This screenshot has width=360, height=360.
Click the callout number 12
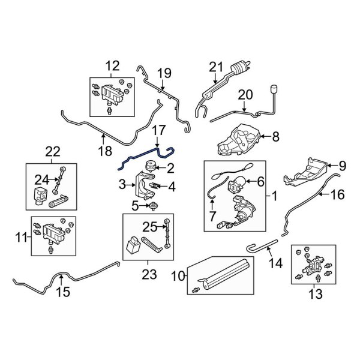tap(113, 65)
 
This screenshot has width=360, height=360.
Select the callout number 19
tap(164, 74)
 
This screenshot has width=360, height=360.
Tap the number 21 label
tap(215, 67)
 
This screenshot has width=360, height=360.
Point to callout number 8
tap(275, 137)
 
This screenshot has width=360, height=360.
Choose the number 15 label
tap(62, 292)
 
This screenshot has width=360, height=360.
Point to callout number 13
tap(314, 294)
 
